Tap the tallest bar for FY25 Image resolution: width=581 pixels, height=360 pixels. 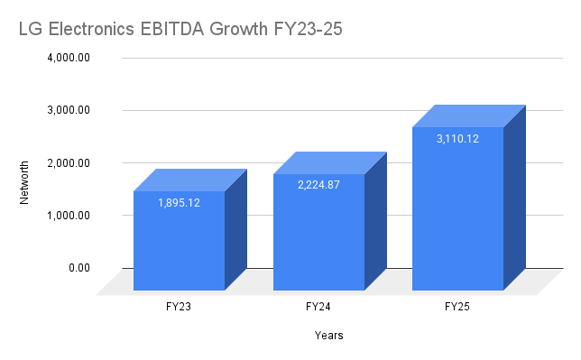coord(457,217)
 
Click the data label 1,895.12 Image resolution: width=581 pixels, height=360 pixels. coord(179,203)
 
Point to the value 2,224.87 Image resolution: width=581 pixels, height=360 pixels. coord(318,185)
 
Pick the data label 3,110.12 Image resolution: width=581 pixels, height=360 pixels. coord(457,138)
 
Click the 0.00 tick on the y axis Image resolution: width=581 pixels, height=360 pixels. coord(84,268)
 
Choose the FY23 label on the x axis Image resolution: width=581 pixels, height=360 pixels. coord(179,308)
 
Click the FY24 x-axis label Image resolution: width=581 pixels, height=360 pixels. coord(318,308)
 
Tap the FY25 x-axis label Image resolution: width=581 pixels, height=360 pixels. coord(457,308)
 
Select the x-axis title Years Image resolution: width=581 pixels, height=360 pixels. coord(328,336)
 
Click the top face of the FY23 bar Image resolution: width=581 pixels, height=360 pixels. coord(190,180)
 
